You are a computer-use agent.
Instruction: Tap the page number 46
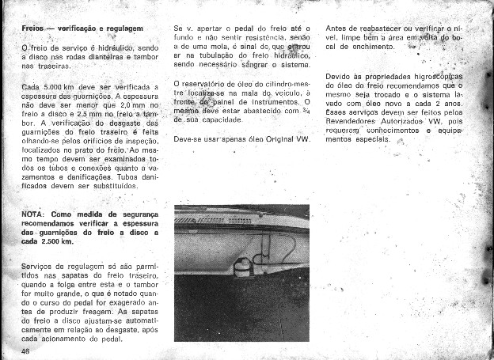(x=26, y=351)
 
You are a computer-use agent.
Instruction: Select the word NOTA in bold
(x=36, y=214)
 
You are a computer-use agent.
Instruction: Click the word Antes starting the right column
(x=338, y=28)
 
